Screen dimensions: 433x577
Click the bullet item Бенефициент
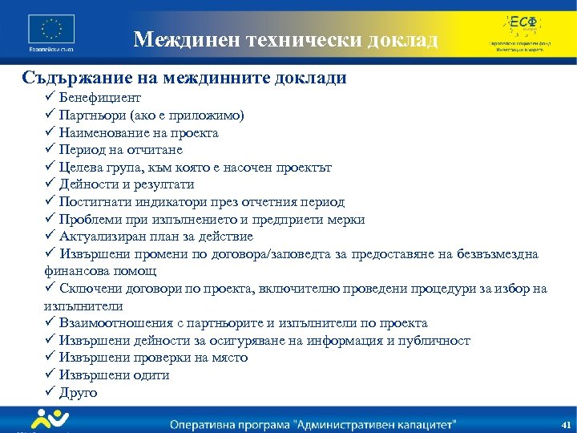point(100,98)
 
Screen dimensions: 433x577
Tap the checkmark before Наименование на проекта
point(50,133)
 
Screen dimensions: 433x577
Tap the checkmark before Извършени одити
point(50,375)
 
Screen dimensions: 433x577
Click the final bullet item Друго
point(78,393)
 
